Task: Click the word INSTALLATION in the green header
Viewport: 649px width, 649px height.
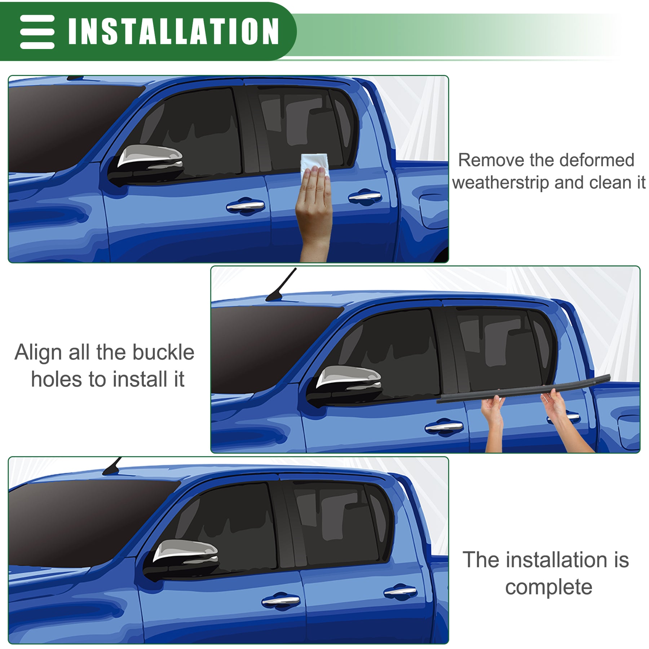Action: [173, 31]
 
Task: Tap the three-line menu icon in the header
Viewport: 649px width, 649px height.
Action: [37, 32]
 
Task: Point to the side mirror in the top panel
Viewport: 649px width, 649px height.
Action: [146, 164]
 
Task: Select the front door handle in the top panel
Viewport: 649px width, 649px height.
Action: [246, 206]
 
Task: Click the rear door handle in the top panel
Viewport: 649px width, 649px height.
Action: [365, 197]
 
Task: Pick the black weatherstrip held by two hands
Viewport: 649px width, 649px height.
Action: [524, 389]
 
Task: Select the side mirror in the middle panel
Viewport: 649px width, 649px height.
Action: [344, 385]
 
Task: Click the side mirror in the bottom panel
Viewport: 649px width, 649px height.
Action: [181, 560]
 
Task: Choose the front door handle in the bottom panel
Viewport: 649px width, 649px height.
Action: [281, 600]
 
